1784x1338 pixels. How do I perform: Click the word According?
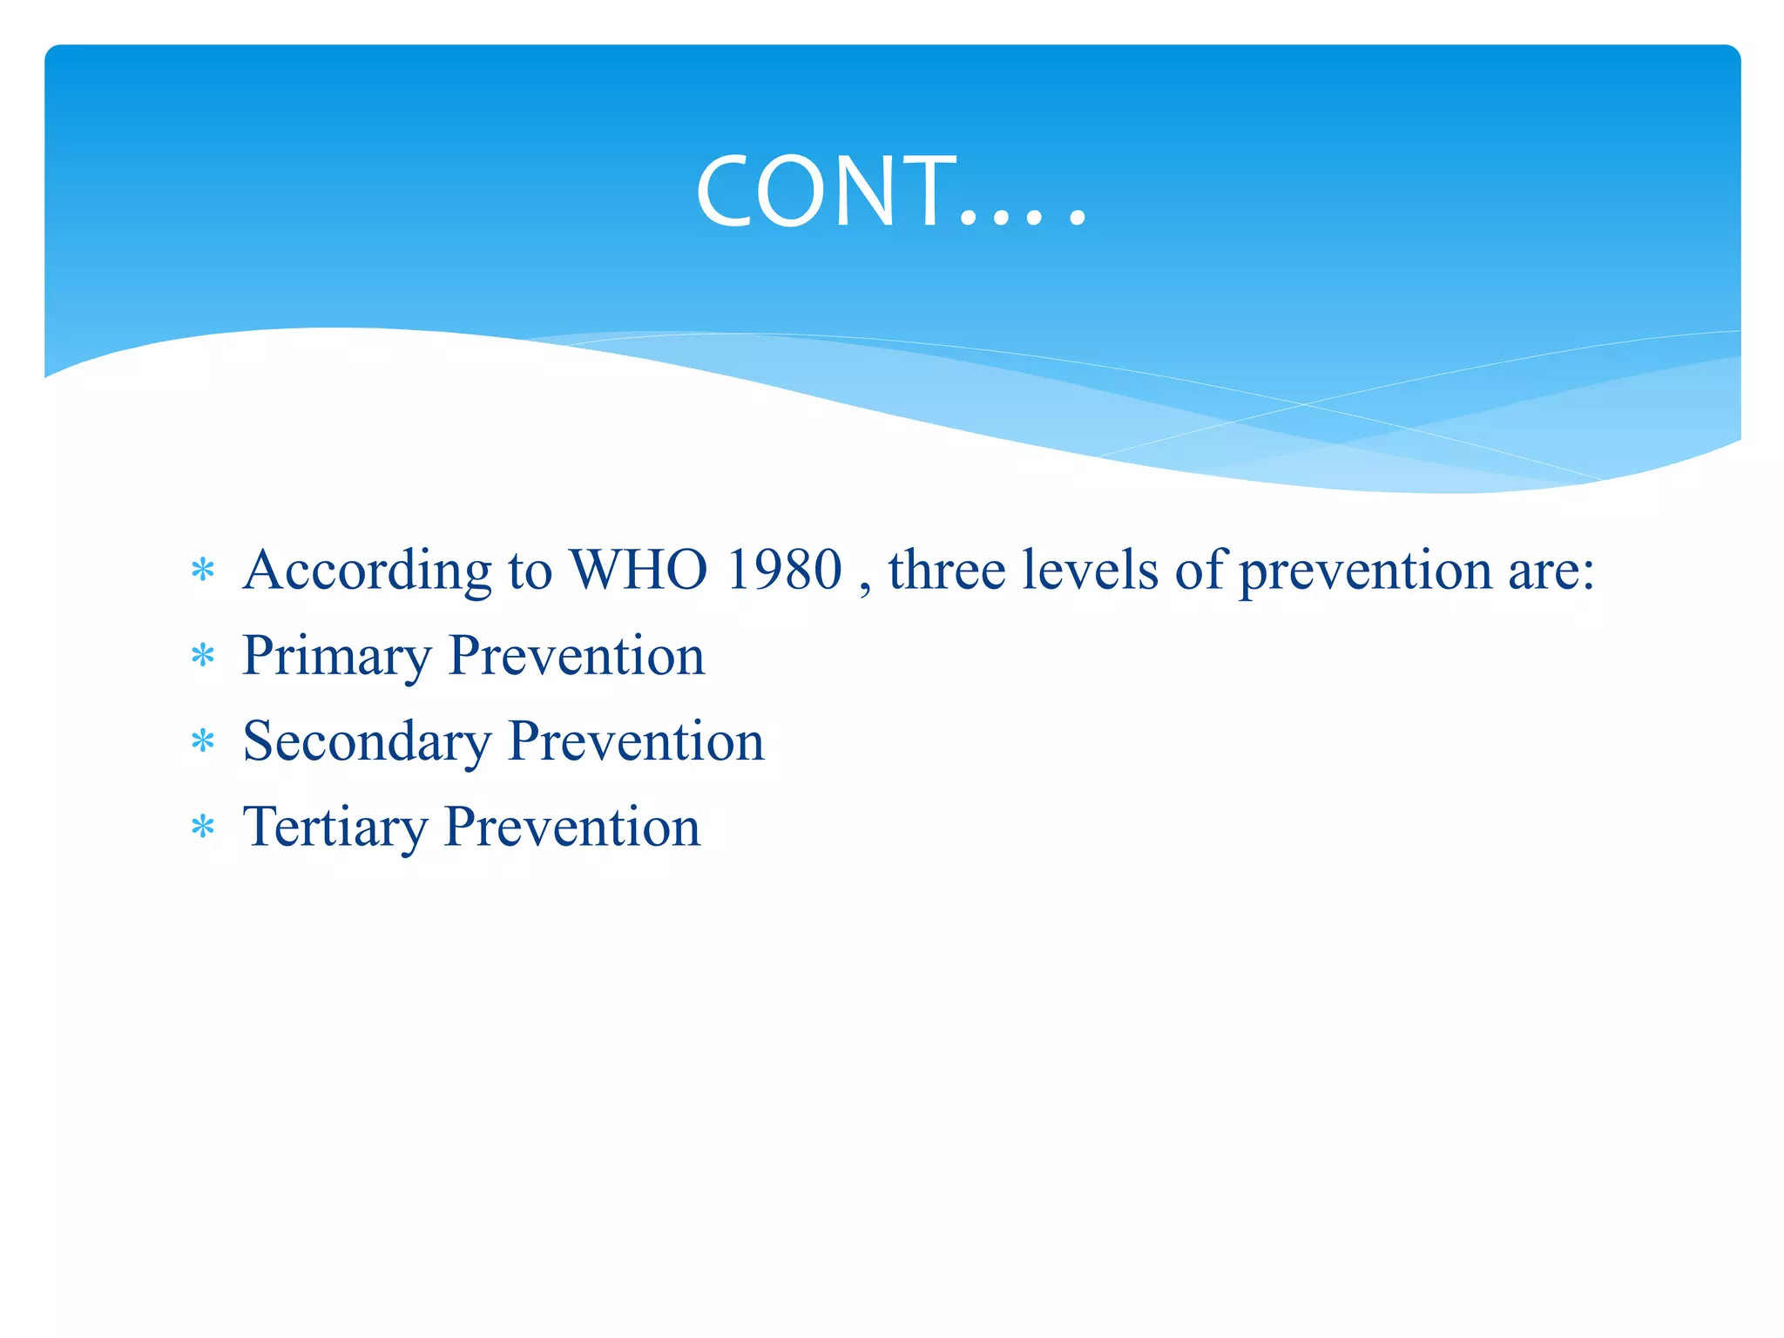coord(367,571)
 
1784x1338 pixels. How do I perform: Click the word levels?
coord(1090,571)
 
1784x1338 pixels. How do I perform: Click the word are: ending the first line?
coord(1551,572)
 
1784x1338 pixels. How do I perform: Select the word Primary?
coord(336,657)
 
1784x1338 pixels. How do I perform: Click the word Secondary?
coord(367,742)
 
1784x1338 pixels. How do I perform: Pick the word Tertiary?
coord(334,828)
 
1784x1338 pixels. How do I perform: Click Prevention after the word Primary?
coord(576,656)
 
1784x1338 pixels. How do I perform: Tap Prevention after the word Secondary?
coord(636,741)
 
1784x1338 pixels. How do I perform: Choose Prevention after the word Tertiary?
coord(572,827)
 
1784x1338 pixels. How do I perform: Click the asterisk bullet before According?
coord(203,571)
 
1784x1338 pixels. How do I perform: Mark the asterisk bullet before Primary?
coord(203,656)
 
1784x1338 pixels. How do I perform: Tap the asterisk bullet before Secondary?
coord(203,741)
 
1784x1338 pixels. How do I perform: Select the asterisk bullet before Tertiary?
coord(203,827)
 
